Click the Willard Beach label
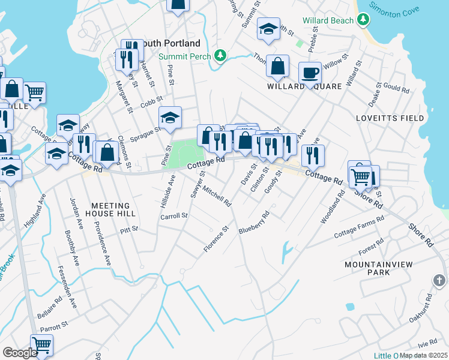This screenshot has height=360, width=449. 327,20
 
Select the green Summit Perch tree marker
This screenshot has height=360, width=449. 221,55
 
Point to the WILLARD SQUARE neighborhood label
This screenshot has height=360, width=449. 304,86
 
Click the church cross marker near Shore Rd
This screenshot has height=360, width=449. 439,280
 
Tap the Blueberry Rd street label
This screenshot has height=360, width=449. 255,222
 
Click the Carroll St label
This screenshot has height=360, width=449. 174,215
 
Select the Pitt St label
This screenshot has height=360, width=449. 128,229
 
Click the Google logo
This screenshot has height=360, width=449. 20,353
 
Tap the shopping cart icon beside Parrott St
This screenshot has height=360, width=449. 41,345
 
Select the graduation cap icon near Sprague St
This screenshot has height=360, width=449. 170,117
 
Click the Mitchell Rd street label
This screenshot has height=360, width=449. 217,195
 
